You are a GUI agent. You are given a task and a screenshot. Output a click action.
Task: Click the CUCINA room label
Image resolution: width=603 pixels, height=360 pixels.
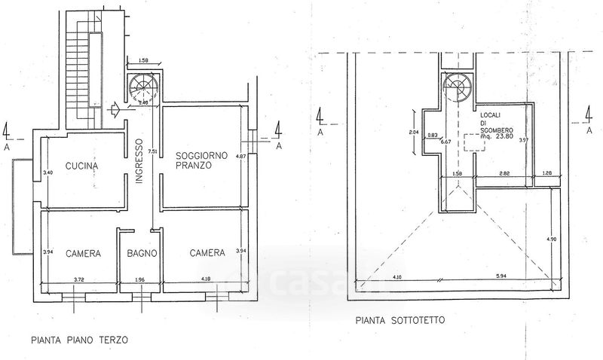point(82,166)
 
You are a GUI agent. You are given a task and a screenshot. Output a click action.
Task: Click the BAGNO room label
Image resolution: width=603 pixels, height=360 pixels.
point(142,253)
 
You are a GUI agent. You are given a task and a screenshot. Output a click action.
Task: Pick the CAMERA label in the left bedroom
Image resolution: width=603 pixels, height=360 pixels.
point(82,253)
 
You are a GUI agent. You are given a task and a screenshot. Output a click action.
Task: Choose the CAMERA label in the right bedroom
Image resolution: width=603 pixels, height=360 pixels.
point(207,253)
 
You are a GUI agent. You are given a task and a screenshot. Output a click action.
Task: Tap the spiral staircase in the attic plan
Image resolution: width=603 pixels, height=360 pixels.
point(457,87)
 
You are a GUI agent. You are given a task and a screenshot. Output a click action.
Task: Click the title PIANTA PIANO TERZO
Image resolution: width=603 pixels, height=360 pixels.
point(80,340)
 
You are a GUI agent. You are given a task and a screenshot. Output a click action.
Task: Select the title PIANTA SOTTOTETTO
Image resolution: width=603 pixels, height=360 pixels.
point(399,320)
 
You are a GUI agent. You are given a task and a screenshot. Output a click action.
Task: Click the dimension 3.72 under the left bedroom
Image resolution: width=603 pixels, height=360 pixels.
point(78,281)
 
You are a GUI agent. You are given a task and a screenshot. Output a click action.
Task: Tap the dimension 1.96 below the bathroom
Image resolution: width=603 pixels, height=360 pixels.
point(142,281)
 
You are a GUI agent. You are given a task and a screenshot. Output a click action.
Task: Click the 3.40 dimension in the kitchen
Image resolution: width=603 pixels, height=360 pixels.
point(48,172)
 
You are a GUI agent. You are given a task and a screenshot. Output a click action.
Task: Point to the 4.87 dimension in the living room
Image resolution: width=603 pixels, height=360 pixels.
point(240,157)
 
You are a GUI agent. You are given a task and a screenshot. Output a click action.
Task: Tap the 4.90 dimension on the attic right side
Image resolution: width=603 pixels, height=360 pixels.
point(551,239)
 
